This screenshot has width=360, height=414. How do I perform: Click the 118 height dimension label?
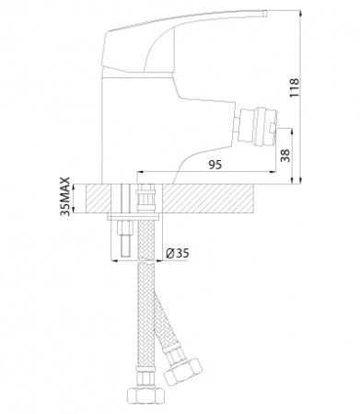pyautogui.click(x=294, y=87)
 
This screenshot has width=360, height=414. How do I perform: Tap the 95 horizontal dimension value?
pyautogui.click(x=215, y=165)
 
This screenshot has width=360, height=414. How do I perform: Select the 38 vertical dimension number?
pyautogui.click(x=285, y=156)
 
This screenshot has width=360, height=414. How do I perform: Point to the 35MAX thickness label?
pyautogui.click(x=65, y=197)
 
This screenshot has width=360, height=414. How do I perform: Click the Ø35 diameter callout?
pyautogui.click(x=178, y=253)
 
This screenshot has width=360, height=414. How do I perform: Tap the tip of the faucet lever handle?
pyautogui.click(x=266, y=13)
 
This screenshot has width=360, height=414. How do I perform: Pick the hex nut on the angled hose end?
pyautogui.click(x=183, y=370)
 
